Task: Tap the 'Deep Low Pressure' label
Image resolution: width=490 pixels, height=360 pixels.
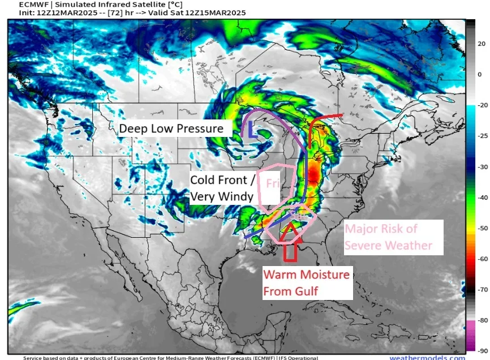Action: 171,129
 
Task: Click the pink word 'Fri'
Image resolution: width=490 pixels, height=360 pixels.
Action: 273,183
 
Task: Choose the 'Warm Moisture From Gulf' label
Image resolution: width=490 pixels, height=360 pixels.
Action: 306,284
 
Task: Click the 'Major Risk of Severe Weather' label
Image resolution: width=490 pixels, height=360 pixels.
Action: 389,237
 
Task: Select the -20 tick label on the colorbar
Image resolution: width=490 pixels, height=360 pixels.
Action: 481,105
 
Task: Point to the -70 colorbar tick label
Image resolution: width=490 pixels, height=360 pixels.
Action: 481,289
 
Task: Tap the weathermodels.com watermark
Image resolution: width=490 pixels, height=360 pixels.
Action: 427,357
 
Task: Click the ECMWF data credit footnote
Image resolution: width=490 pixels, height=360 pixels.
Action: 170,357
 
